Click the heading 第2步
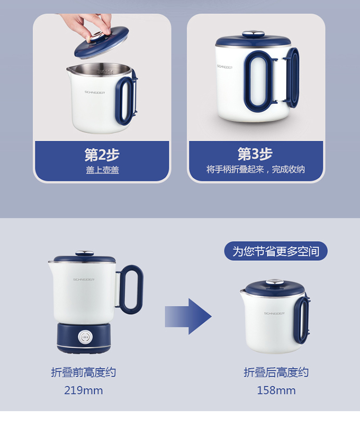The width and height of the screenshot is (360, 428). (x=102, y=155)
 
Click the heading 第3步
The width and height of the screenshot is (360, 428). (x=255, y=154)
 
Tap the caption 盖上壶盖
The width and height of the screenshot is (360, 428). (x=103, y=170)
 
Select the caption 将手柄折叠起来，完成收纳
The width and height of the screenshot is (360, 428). (x=255, y=169)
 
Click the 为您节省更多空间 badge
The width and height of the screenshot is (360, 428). (x=276, y=251)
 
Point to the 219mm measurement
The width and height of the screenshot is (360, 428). (x=84, y=391)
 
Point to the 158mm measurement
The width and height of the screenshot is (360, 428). (x=276, y=391)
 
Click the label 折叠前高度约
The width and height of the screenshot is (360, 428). (x=84, y=372)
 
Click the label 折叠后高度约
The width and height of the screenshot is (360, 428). (x=276, y=372)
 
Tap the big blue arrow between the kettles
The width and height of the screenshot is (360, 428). (x=188, y=317)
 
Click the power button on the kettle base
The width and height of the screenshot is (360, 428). (x=85, y=338)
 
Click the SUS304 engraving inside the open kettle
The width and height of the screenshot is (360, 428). (x=105, y=72)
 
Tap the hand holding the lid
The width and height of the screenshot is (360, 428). (x=87, y=25)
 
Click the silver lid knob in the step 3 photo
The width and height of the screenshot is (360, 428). (x=253, y=35)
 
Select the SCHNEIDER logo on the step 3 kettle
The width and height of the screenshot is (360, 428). (x=225, y=67)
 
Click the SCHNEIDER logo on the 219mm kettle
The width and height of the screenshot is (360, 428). (x=84, y=280)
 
